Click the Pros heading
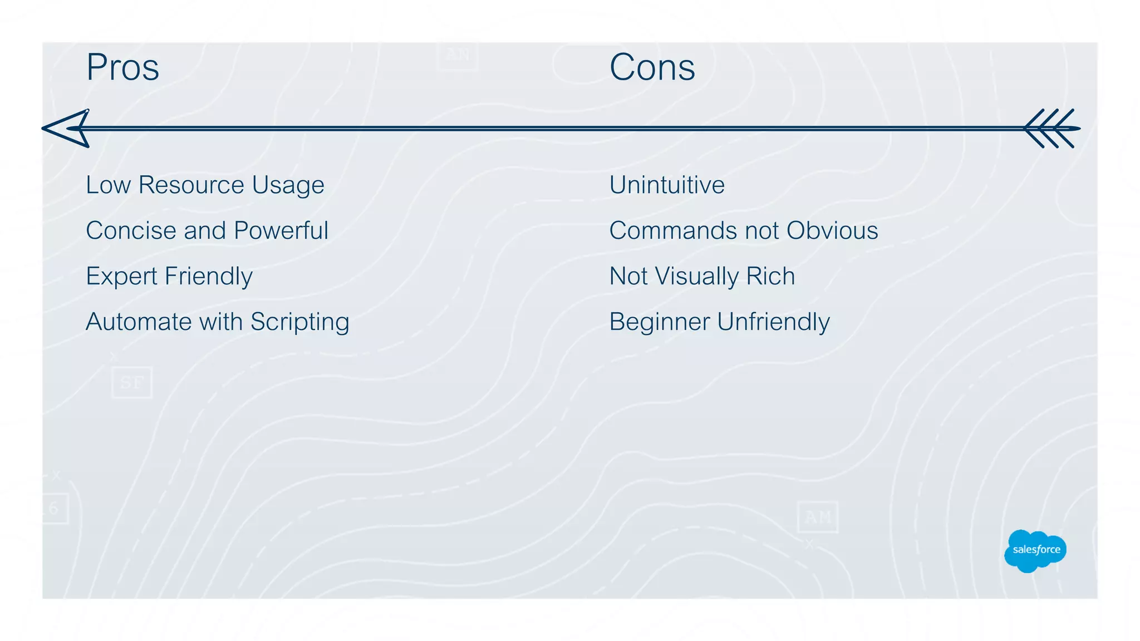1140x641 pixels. coord(122,67)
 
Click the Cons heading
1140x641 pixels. coord(652,67)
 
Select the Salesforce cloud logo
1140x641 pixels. coord(1035,550)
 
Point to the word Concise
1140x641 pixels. coord(131,231)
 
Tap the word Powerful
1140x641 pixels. coord(281,231)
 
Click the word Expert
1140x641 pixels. coord(121,277)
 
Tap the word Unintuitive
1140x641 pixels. coord(667,185)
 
